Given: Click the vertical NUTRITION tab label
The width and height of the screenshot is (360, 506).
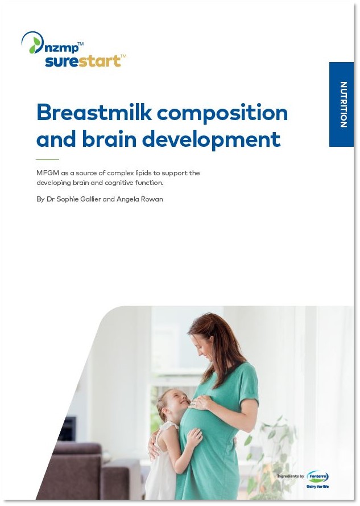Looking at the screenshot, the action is tap(344, 104).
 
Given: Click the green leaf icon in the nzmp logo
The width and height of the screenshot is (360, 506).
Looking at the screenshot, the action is tap(34, 45).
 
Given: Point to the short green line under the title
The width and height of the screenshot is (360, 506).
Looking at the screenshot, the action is tap(47, 159).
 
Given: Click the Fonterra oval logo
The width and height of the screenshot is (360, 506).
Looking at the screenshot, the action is tap(318, 476).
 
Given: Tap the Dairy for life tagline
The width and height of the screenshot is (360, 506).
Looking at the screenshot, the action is tap(318, 486).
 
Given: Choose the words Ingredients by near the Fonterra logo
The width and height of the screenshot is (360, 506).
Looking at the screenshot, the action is tap(291, 476).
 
